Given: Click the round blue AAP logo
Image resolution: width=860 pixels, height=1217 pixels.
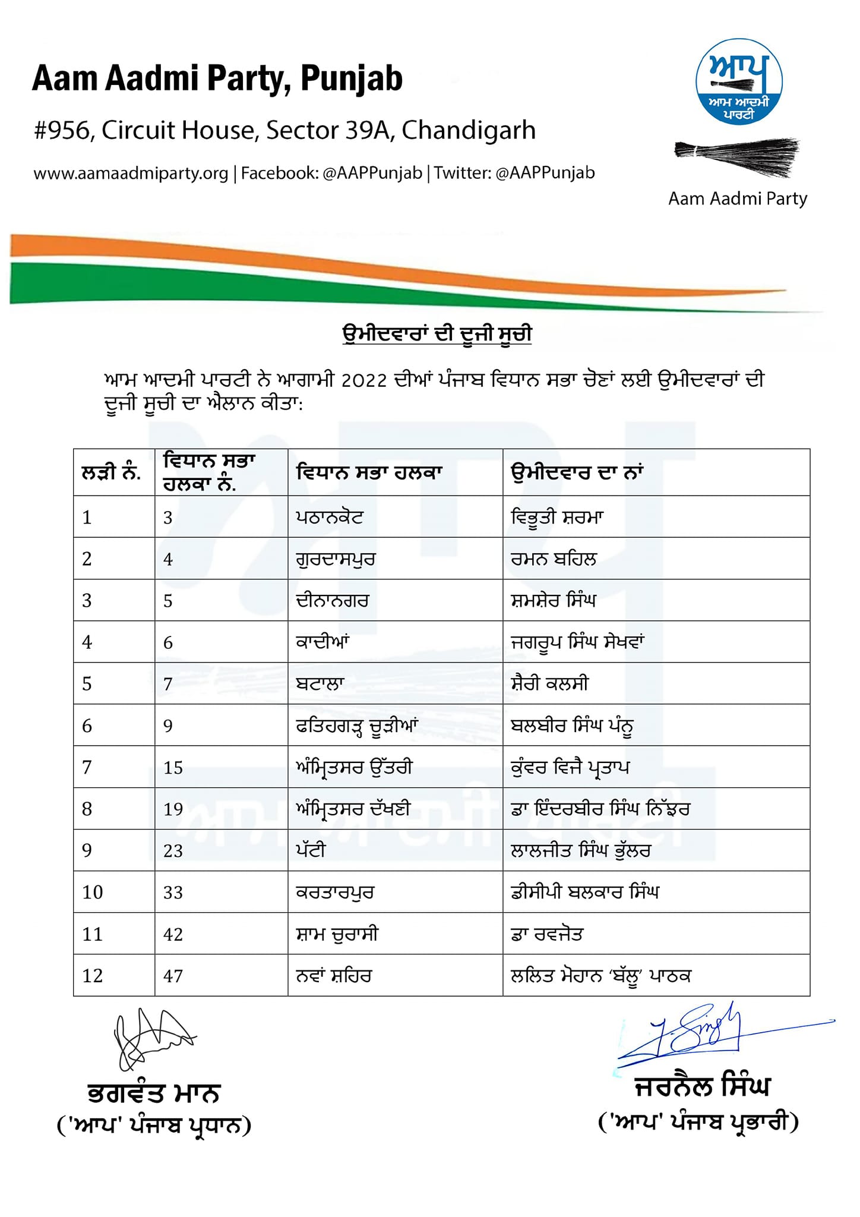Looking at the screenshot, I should coord(739,82).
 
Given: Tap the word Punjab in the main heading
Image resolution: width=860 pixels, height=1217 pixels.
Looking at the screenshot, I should coord(352,79).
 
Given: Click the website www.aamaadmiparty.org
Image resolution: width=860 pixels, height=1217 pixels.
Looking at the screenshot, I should coord(131,174).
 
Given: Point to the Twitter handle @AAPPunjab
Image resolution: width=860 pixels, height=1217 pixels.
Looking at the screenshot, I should coord(545,173).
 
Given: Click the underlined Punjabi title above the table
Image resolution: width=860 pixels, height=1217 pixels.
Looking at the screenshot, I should coord(437,334).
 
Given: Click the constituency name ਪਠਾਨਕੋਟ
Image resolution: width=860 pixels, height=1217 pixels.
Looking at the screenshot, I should coord(330,517).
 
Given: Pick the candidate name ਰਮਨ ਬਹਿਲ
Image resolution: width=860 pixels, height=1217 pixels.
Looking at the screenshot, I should coord(554,559).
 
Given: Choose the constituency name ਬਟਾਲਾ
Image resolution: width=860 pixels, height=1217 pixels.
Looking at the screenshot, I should coord(320,683).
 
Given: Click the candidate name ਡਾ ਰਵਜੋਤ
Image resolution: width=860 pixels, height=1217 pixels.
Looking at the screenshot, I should coord(547,934).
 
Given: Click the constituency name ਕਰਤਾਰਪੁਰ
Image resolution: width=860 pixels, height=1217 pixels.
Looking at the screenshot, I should coord(335,892).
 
